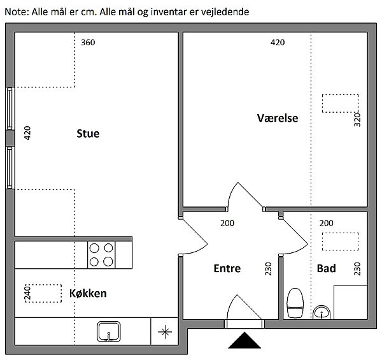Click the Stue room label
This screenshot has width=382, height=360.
(x=88, y=134)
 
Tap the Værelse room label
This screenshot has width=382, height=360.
(x=278, y=118)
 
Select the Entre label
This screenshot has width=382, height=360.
(x=227, y=268)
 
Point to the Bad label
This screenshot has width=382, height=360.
(x=326, y=268)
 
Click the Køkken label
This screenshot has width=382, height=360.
(x=88, y=293)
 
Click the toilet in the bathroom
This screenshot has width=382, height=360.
(x=295, y=303)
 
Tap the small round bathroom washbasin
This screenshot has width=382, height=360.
(x=322, y=312)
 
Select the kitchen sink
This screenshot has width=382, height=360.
(x=109, y=331)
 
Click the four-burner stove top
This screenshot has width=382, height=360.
(x=101, y=255)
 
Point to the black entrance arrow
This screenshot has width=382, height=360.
(x=244, y=340)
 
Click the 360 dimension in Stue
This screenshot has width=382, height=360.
(x=88, y=43)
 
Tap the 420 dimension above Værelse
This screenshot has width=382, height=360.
(x=278, y=43)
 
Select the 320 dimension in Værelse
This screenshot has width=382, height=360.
(x=357, y=120)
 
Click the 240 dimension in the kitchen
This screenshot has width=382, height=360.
(x=27, y=292)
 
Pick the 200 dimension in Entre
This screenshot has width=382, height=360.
(x=227, y=223)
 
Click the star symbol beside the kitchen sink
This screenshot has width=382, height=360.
(x=165, y=332)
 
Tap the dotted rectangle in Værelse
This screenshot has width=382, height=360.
(x=340, y=104)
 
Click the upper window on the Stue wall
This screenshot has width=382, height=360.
(x=10, y=109)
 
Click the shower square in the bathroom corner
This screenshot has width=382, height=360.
(x=351, y=302)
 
